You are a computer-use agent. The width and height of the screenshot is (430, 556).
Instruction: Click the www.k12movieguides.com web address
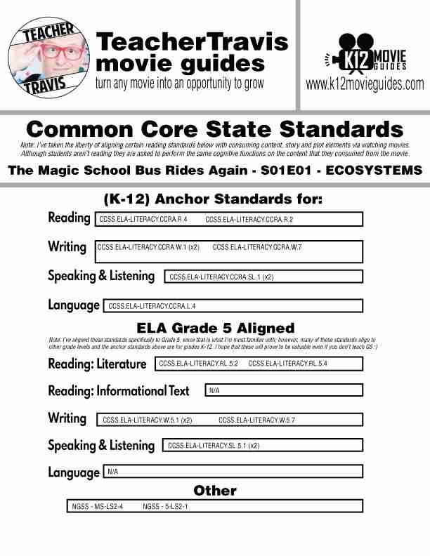click(365, 85)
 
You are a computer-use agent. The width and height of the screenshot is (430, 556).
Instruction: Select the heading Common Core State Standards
click(214, 129)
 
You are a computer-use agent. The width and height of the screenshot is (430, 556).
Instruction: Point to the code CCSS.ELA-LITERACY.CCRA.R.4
click(143, 220)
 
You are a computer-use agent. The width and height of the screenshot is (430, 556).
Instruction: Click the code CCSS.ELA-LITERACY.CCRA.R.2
click(249, 220)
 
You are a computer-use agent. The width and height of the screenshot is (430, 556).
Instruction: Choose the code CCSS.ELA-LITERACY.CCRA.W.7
click(256, 247)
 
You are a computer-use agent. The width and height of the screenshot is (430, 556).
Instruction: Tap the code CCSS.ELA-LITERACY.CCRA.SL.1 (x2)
click(221, 277)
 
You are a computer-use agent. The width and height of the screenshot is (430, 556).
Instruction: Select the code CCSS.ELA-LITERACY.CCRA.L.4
click(152, 306)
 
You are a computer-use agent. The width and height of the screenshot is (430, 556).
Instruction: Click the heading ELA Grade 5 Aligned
click(215, 328)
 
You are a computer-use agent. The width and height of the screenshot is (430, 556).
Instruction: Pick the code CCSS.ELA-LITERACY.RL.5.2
click(198, 364)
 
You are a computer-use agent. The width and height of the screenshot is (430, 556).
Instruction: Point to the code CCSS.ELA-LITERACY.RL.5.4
click(287, 364)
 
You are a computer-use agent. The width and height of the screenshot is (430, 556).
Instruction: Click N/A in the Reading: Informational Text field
click(214, 390)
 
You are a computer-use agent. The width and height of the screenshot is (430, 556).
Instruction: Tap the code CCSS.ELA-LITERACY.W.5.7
click(256, 421)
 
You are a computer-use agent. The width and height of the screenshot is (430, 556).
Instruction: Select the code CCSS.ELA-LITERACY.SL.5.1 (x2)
click(214, 446)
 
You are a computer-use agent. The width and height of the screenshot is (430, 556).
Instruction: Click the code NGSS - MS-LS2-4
click(98, 506)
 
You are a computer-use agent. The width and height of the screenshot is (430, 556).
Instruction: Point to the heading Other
click(215, 490)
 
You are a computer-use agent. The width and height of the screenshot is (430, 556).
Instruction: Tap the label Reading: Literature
click(97, 364)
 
